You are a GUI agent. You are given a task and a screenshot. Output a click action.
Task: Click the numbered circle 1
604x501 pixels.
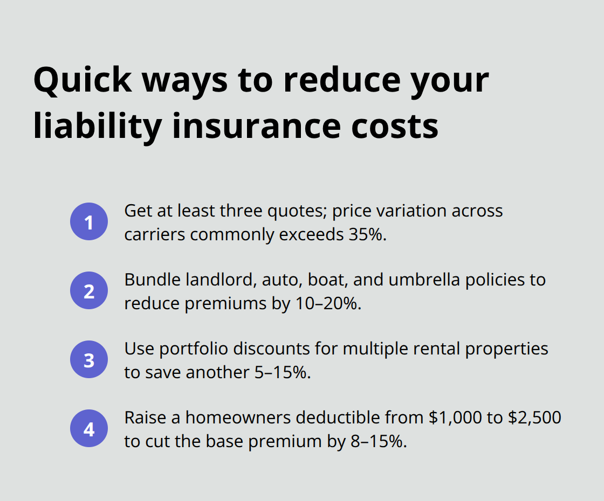(89, 222)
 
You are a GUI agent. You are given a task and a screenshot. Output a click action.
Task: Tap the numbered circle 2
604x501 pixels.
(89, 291)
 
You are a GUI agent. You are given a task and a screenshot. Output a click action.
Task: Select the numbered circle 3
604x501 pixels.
(89, 360)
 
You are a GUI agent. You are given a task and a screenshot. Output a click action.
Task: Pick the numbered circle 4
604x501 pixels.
(89, 429)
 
